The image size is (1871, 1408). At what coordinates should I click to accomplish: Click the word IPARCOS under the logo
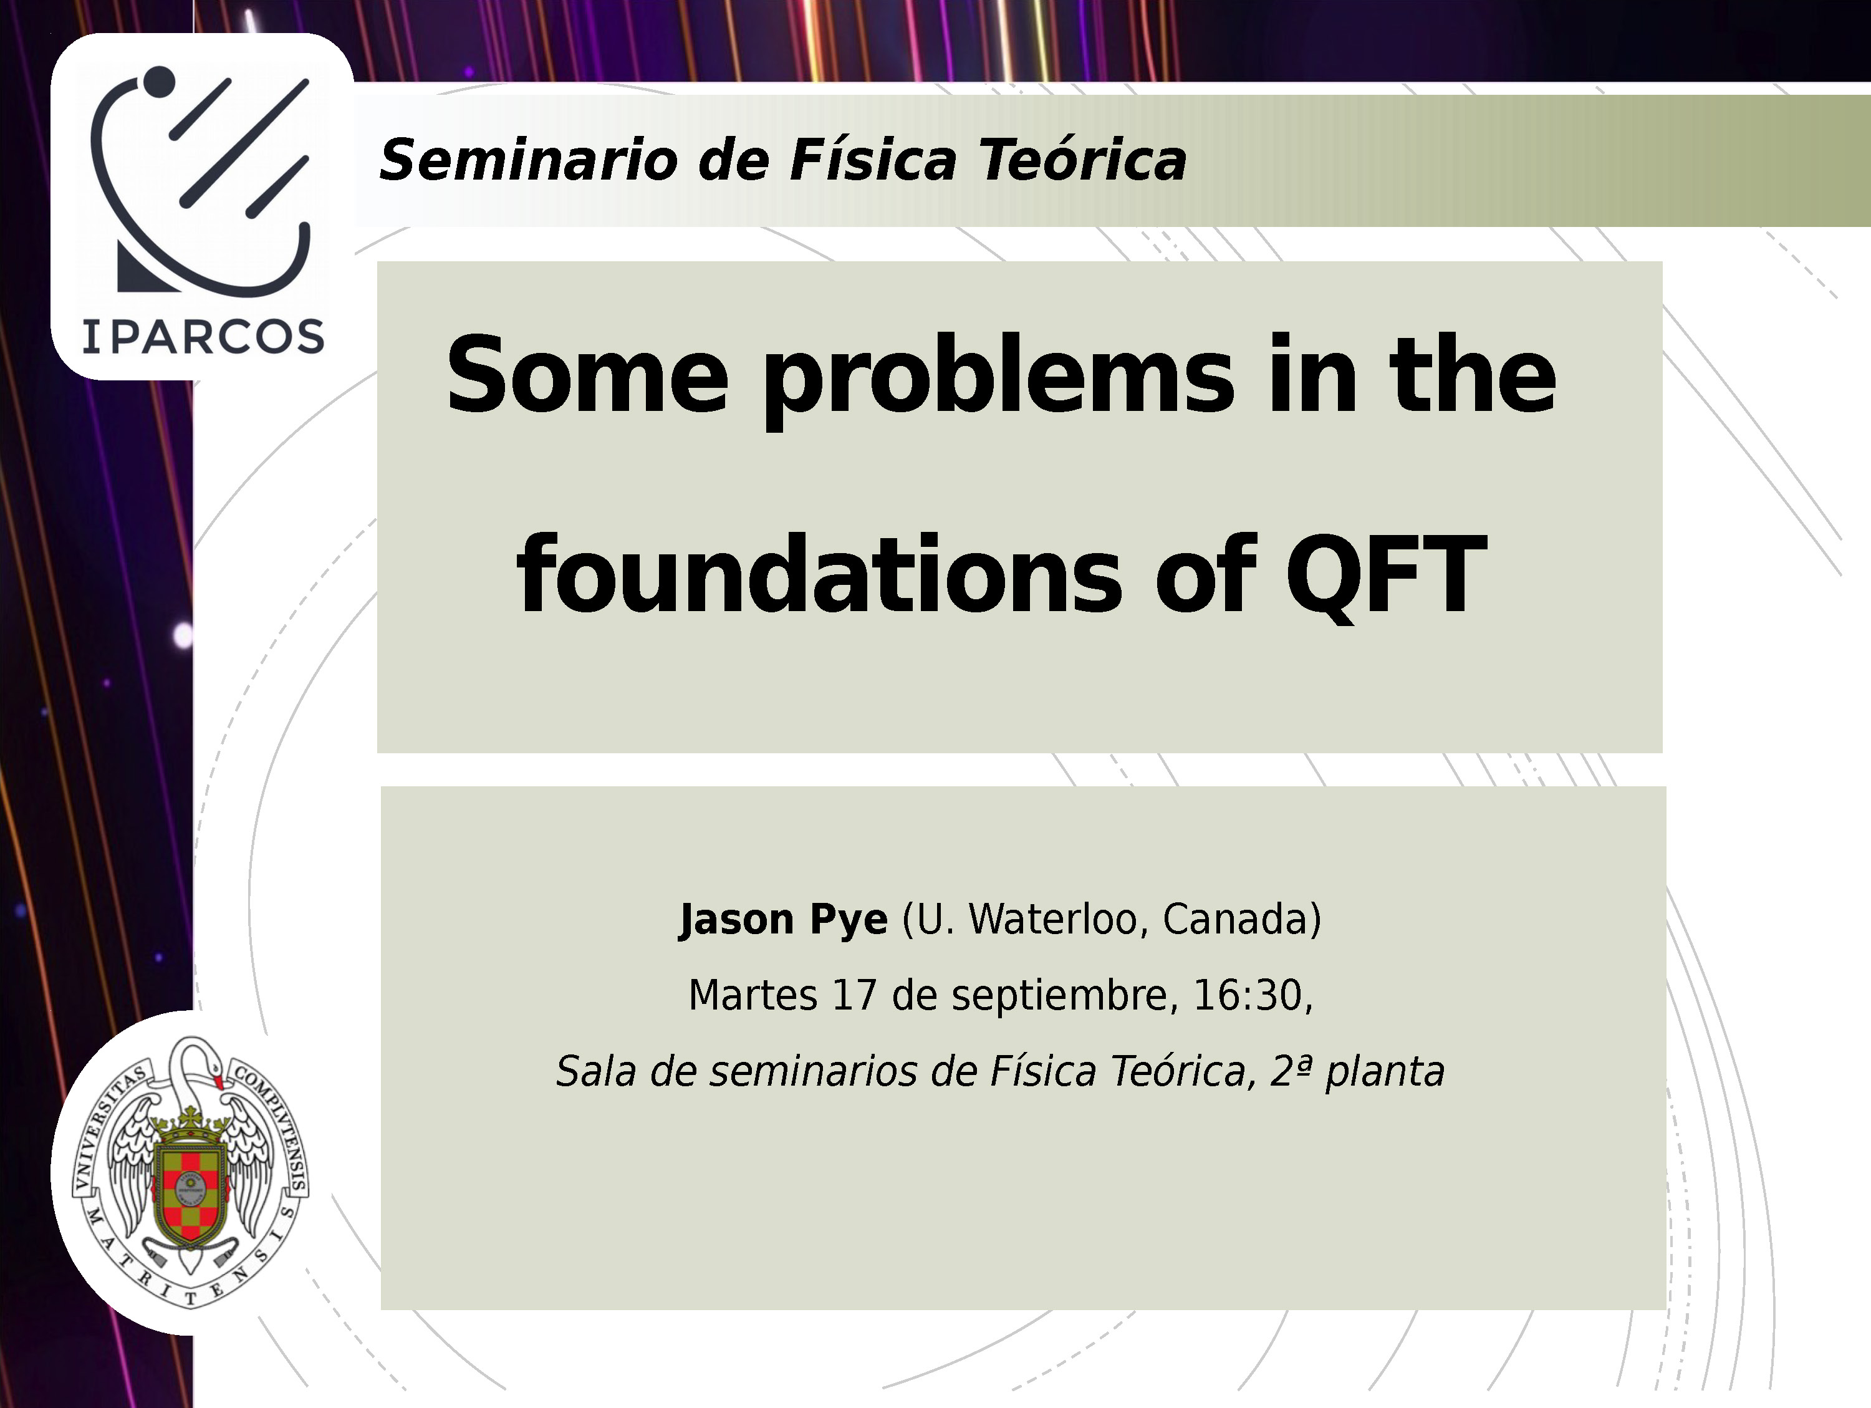click(203, 337)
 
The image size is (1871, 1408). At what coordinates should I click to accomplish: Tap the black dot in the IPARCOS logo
click(158, 81)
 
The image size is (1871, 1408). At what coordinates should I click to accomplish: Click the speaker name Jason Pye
click(783, 920)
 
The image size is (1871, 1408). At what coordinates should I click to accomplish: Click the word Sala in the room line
click(595, 1072)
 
